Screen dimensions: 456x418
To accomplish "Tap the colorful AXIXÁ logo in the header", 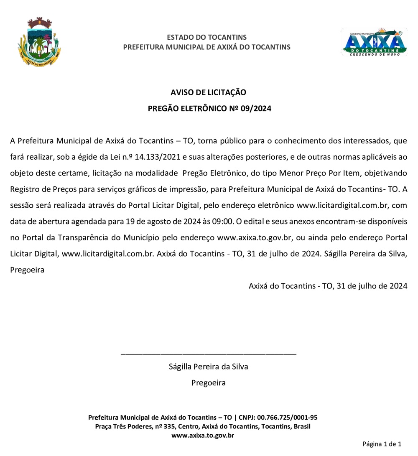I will pos(374,42).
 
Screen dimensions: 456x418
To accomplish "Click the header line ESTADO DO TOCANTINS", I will pos(206,37).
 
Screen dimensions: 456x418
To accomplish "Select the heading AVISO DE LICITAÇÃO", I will pos(208,92).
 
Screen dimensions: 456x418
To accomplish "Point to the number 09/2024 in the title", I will pos(256,109).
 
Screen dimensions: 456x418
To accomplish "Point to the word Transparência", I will pos(90,237).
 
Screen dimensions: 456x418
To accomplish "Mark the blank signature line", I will pos(208,354).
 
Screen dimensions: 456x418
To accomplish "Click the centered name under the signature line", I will pos(208,367).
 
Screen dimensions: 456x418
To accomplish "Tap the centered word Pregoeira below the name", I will pos(208,382).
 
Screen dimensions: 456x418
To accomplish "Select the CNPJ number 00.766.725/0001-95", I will pos(287,417).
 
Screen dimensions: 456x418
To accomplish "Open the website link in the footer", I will pos(202,435).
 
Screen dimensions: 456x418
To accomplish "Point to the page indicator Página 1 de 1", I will pos(382,444).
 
